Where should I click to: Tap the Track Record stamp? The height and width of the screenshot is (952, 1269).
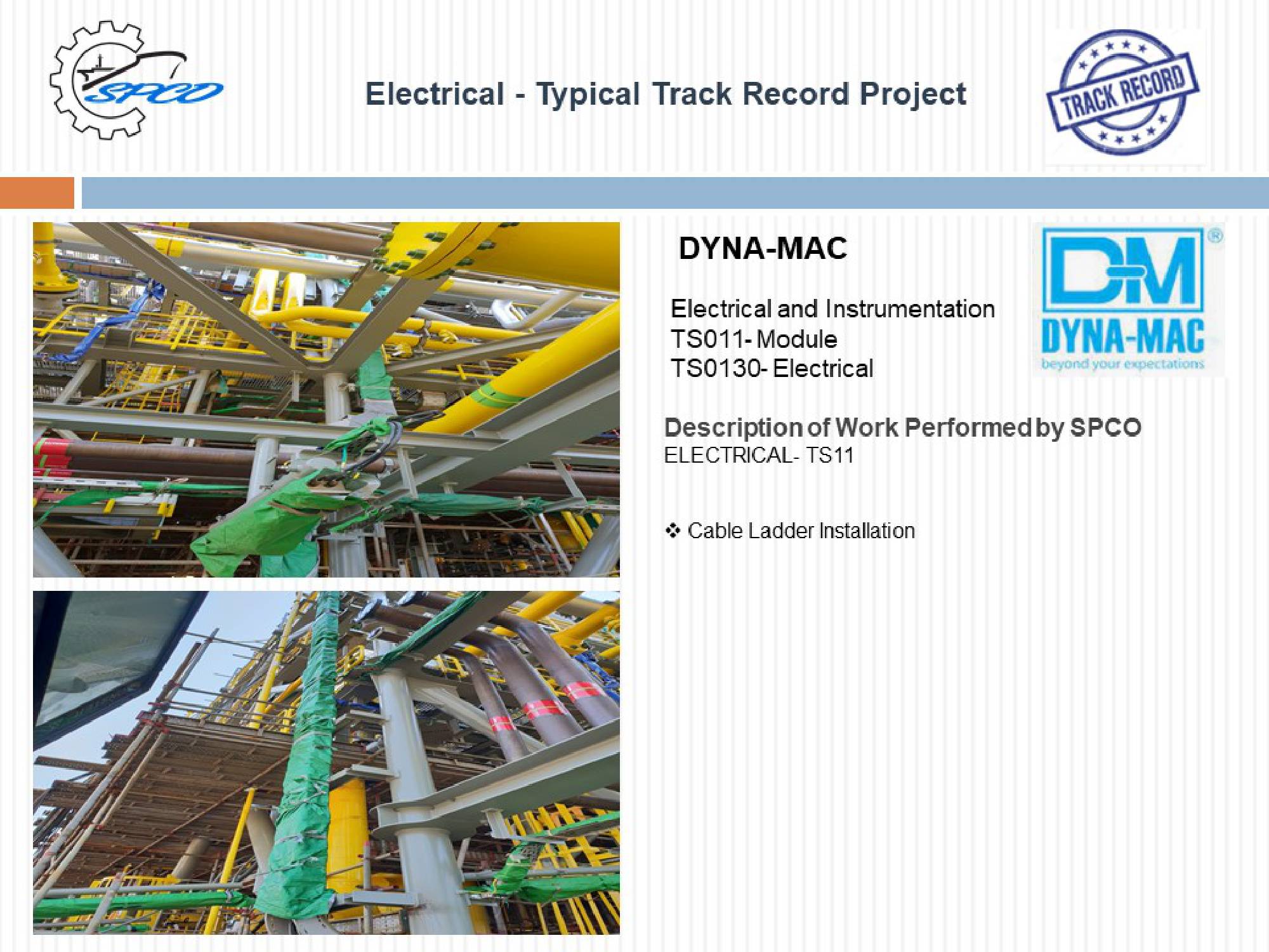pyautogui.click(x=1122, y=92)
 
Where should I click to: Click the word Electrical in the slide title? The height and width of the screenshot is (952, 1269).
pyautogui.click(x=435, y=94)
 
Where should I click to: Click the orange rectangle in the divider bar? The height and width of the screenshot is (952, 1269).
pyautogui.click(x=37, y=193)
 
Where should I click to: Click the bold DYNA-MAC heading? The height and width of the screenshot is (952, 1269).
pyautogui.click(x=763, y=248)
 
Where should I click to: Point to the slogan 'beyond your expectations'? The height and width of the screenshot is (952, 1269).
pyautogui.click(x=1122, y=364)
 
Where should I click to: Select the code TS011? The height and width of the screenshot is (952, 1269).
pyautogui.click(x=707, y=339)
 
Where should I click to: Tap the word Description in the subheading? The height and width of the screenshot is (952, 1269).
pyautogui.click(x=733, y=428)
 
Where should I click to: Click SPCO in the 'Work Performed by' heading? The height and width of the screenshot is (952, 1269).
pyautogui.click(x=1106, y=427)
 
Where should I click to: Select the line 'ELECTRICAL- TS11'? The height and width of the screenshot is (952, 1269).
pyautogui.click(x=759, y=455)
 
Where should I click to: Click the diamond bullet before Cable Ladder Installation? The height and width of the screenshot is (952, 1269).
pyautogui.click(x=673, y=530)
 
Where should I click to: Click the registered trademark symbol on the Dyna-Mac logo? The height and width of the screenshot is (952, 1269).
pyautogui.click(x=1214, y=235)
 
